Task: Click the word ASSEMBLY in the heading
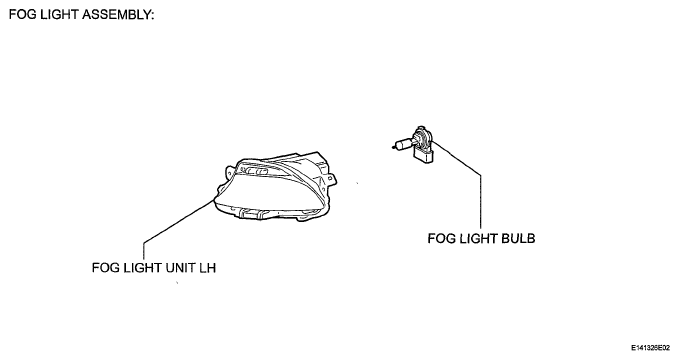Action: click(x=118, y=15)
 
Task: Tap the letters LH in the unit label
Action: click(x=207, y=268)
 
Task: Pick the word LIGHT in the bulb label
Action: click(x=478, y=239)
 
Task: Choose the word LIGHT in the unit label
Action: click(x=142, y=268)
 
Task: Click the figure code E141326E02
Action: click(x=650, y=348)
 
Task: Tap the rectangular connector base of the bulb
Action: click(x=424, y=154)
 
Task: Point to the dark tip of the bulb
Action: click(x=393, y=147)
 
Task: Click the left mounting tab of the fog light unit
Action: click(x=229, y=171)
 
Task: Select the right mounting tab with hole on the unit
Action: click(x=330, y=178)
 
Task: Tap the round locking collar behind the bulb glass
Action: click(x=421, y=137)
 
